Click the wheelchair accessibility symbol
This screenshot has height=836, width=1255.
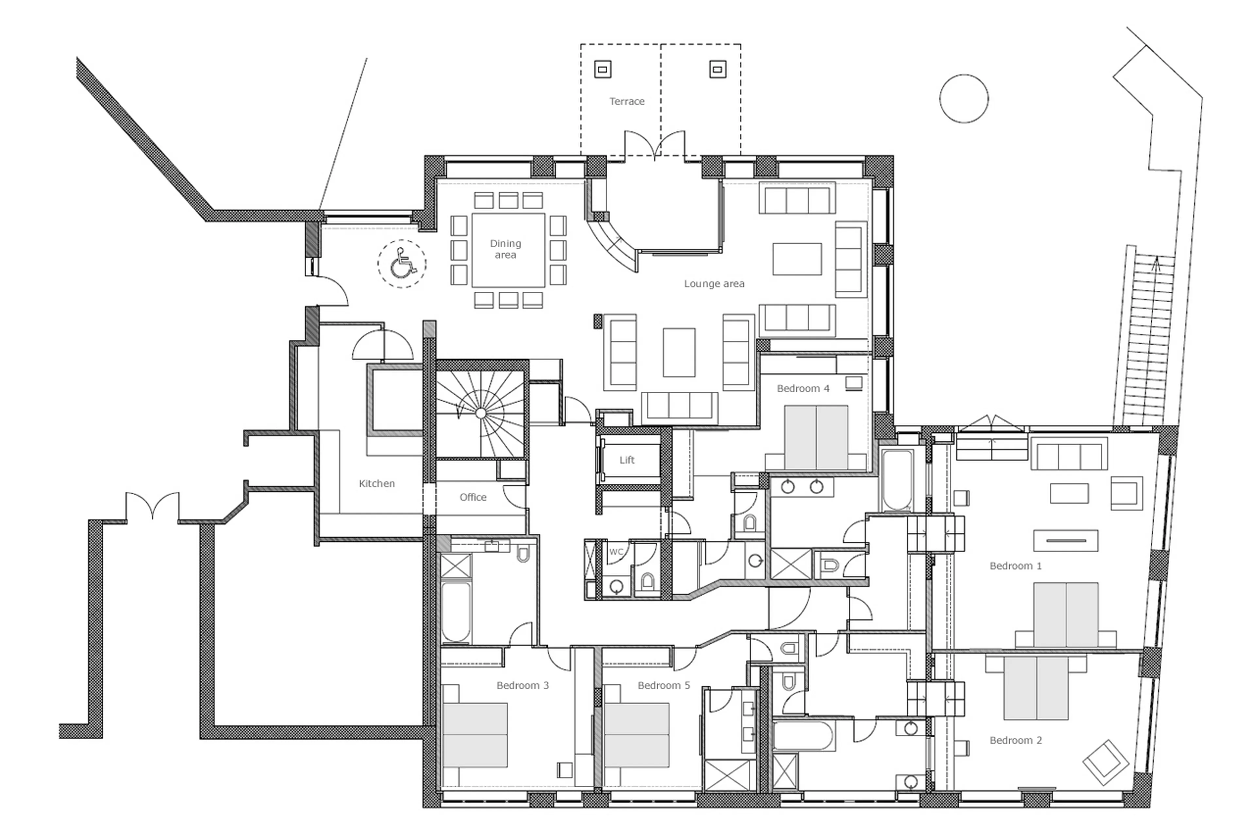[402, 263]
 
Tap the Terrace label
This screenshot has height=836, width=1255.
[627, 101]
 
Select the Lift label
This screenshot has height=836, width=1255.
[627, 460]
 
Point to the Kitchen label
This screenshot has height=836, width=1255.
[376, 484]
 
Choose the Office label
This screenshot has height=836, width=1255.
[473, 497]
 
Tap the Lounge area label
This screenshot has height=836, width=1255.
[714, 284]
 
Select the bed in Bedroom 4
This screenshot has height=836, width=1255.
[816, 437]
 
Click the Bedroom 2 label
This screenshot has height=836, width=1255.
[1015, 740]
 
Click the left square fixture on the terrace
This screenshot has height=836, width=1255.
[603, 69]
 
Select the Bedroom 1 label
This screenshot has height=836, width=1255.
[1015, 566]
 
